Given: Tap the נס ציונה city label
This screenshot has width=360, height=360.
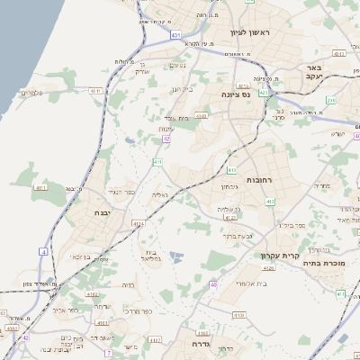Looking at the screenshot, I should click(x=238, y=93).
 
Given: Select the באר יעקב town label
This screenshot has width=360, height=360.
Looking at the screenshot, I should click(x=314, y=73).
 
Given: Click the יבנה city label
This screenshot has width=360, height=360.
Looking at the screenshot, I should click(x=101, y=213).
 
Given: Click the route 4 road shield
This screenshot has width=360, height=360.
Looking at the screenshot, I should click(x=43, y=252).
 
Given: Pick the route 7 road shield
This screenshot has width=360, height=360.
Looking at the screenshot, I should click(x=109, y=353).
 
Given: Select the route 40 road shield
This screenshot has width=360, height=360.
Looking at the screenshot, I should click(x=213, y=284).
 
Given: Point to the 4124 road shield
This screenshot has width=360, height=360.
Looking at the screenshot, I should click(x=138, y=224).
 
